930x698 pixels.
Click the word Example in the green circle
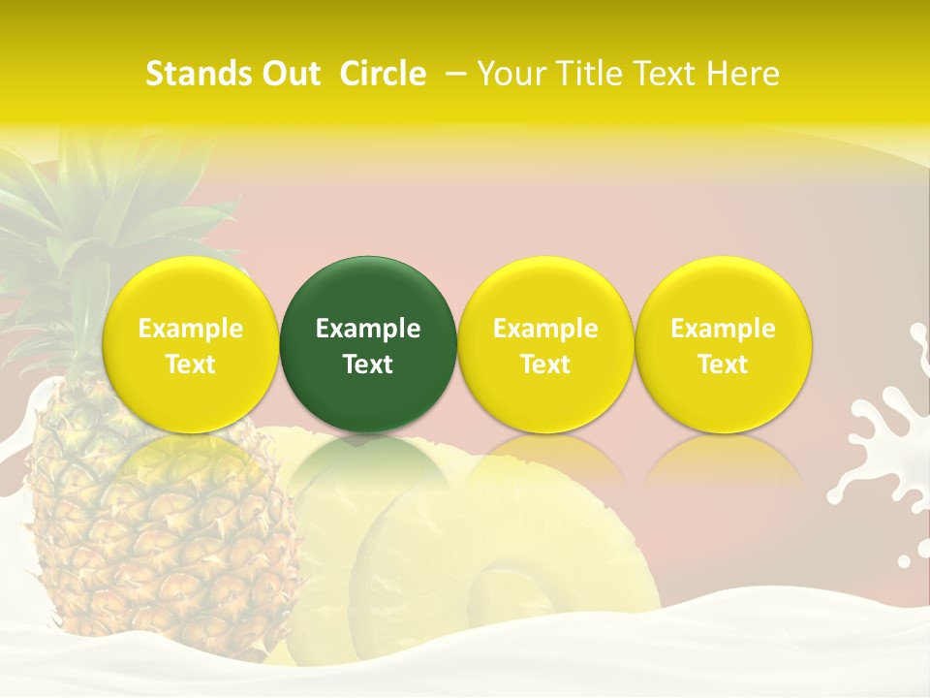[368, 329]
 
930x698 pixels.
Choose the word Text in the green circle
[368, 365]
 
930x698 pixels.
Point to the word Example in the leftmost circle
[190, 329]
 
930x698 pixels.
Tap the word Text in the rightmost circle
[723, 365]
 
